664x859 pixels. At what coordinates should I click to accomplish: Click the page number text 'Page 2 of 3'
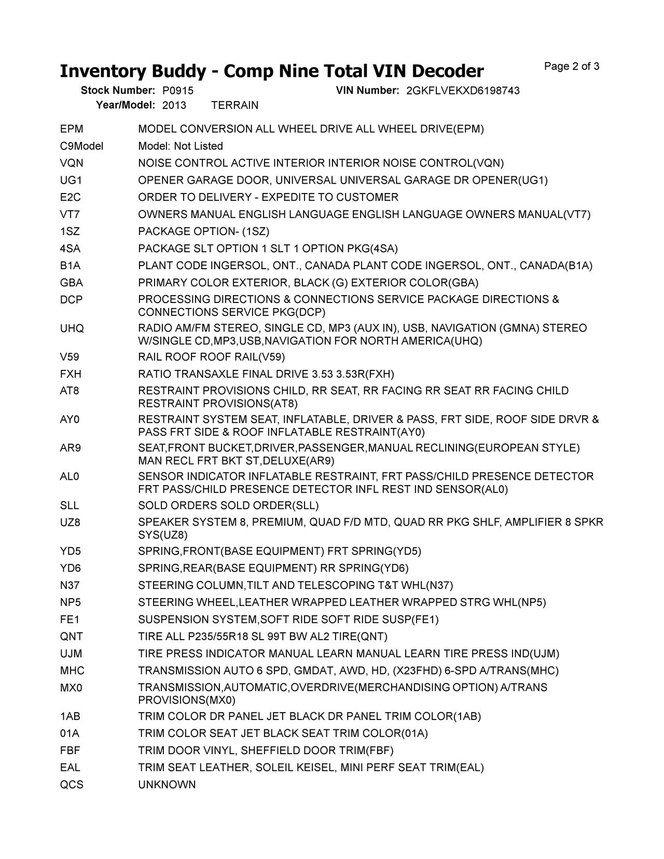pyautogui.click(x=572, y=66)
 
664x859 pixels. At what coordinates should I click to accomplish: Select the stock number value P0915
pyautogui.click(x=177, y=91)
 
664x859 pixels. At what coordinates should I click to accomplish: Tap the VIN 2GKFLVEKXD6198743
pyautogui.click(x=463, y=91)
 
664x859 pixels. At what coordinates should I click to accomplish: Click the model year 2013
pyautogui.click(x=174, y=105)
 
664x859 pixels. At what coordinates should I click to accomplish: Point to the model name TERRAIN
pyautogui.click(x=235, y=105)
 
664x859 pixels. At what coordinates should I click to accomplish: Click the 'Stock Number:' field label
pyautogui.click(x=118, y=91)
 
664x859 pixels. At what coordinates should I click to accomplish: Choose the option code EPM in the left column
pyautogui.click(x=72, y=129)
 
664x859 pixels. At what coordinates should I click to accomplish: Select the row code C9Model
pyautogui.click(x=81, y=146)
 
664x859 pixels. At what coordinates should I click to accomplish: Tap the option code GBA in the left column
pyautogui.click(x=72, y=283)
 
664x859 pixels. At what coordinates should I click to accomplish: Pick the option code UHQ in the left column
pyautogui.click(x=72, y=329)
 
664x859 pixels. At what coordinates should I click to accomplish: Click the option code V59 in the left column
pyautogui.click(x=70, y=357)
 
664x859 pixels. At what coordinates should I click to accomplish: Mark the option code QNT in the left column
pyautogui.click(x=72, y=637)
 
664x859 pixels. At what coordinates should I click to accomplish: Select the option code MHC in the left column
pyautogui.click(x=72, y=671)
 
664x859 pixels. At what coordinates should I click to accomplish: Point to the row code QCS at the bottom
pyautogui.click(x=72, y=785)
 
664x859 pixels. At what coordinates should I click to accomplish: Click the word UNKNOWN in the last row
pyautogui.click(x=167, y=785)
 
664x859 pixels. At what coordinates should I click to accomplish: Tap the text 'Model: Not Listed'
pyautogui.click(x=181, y=146)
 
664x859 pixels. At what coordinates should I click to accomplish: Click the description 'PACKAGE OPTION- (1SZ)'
pyautogui.click(x=204, y=232)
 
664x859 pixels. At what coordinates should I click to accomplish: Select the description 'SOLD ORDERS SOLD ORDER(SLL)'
pyautogui.click(x=228, y=506)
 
